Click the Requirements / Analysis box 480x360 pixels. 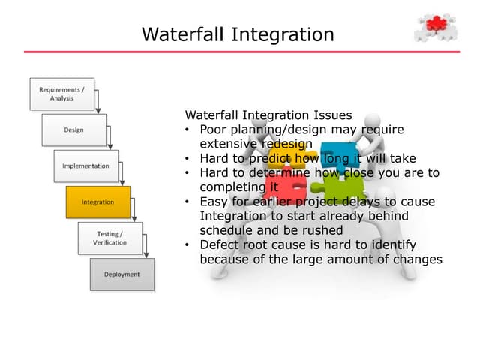(x=61, y=94)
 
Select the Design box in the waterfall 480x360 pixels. (x=73, y=130)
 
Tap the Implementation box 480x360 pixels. (x=85, y=166)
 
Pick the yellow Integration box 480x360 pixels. (x=97, y=202)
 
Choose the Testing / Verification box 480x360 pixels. (x=109, y=238)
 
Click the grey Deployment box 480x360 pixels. (x=121, y=274)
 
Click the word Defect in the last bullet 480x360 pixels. (x=217, y=244)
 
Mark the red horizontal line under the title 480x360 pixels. (x=240, y=52)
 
